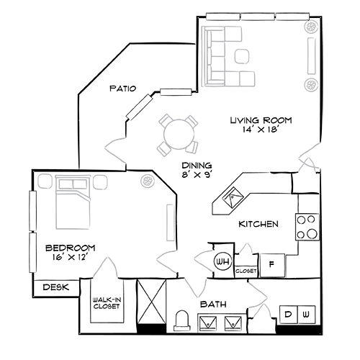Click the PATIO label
123,89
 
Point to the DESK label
55,287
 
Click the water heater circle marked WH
222,262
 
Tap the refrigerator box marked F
272,264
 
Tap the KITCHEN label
258,225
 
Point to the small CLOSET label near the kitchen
246,271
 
